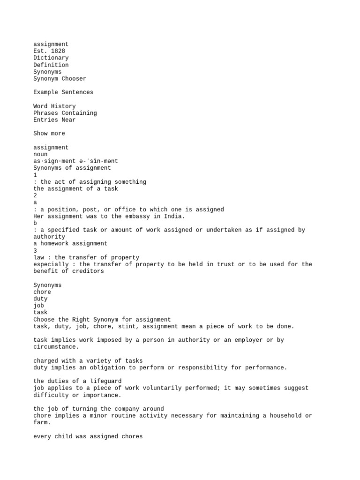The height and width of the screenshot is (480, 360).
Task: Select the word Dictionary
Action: click(51, 58)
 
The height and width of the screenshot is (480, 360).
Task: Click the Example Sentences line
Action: click(63, 92)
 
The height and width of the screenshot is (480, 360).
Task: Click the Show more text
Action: click(49, 134)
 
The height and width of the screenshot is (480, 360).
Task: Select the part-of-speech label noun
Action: click(40, 154)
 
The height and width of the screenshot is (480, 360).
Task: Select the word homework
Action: click(54, 244)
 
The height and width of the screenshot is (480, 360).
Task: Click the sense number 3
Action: click(35, 251)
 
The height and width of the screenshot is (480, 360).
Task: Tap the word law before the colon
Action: click(38, 257)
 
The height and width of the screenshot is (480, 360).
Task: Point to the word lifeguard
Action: click(104, 381)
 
